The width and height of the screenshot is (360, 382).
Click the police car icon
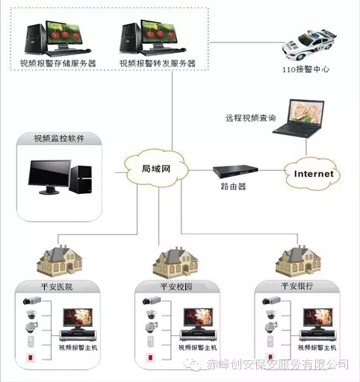tap(308, 45)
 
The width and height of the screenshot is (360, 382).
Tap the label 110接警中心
tap(305, 69)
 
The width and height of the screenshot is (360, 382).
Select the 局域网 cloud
tap(156, 168)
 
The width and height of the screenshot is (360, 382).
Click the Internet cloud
tap(313, 174)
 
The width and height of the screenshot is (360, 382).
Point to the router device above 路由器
tap(235, 172)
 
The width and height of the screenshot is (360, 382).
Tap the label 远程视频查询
tap(251, 118)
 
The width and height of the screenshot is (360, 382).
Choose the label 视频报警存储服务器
tap(58, 63)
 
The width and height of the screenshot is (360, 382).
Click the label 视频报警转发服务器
tap(158, 63)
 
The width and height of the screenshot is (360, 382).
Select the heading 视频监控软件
tap(59, 138)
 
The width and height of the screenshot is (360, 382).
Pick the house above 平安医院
tap(60, 260)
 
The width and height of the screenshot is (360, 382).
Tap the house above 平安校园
tap(176, 263)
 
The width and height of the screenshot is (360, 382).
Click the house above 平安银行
tap(298, 261)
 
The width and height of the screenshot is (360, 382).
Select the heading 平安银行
tap(297, 286)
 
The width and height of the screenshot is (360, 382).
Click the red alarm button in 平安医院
tap(31, 357)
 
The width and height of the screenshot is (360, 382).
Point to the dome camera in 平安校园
tap(151, 315)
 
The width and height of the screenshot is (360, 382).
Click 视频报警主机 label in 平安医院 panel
tap(78, 348)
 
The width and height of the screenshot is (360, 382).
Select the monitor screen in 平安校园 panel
tap(199, 318)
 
